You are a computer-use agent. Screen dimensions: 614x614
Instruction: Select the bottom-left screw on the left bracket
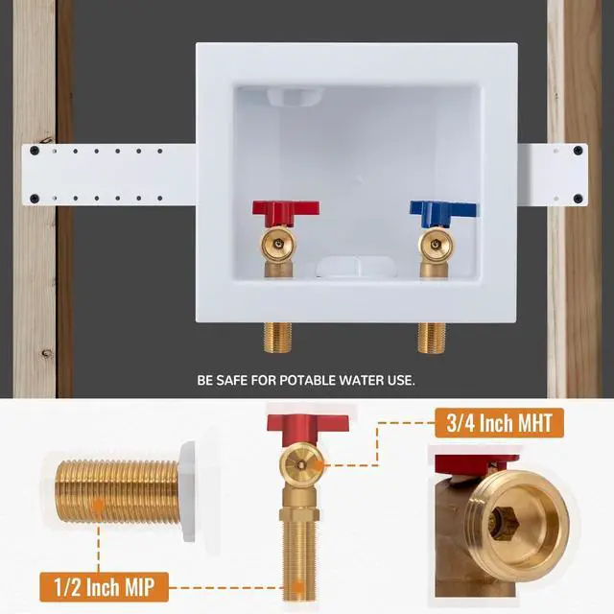(35, 199)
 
